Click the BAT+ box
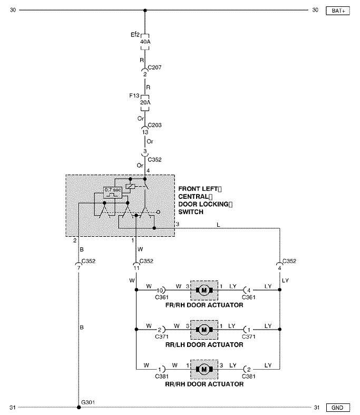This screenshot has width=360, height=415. [x=338, y=11]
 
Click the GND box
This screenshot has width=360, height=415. [x=338, y=408]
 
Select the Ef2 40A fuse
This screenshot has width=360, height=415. [x=145, y=42]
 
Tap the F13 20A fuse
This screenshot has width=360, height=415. [x=145, y=102]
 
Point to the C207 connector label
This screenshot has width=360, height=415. [x=154, y=67]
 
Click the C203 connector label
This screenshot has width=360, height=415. [x=154, y=125]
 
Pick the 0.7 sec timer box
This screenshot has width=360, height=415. [x=113, y=192]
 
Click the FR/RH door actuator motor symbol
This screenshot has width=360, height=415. [x=204, y=291]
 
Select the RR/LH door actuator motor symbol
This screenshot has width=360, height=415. [x=204, y=330]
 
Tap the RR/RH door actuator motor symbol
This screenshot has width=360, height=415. [x=204, y=369]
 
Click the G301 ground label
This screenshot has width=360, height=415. [x=88, y=402]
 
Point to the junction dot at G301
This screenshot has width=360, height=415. [x=79, y=407]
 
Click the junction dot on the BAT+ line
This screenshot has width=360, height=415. [x=145, y=11]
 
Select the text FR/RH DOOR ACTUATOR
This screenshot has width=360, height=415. [x=204, y=305]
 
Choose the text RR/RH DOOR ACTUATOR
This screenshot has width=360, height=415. [x=204, y=384]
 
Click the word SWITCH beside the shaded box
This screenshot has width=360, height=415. [x=191, y=212]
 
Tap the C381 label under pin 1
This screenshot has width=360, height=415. [x=162, y=377]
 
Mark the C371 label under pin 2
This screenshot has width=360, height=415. [x=162, y=336]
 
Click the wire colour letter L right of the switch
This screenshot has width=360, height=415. [x=218, y=225]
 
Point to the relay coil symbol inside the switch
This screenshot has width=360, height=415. [x=130, y=186]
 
